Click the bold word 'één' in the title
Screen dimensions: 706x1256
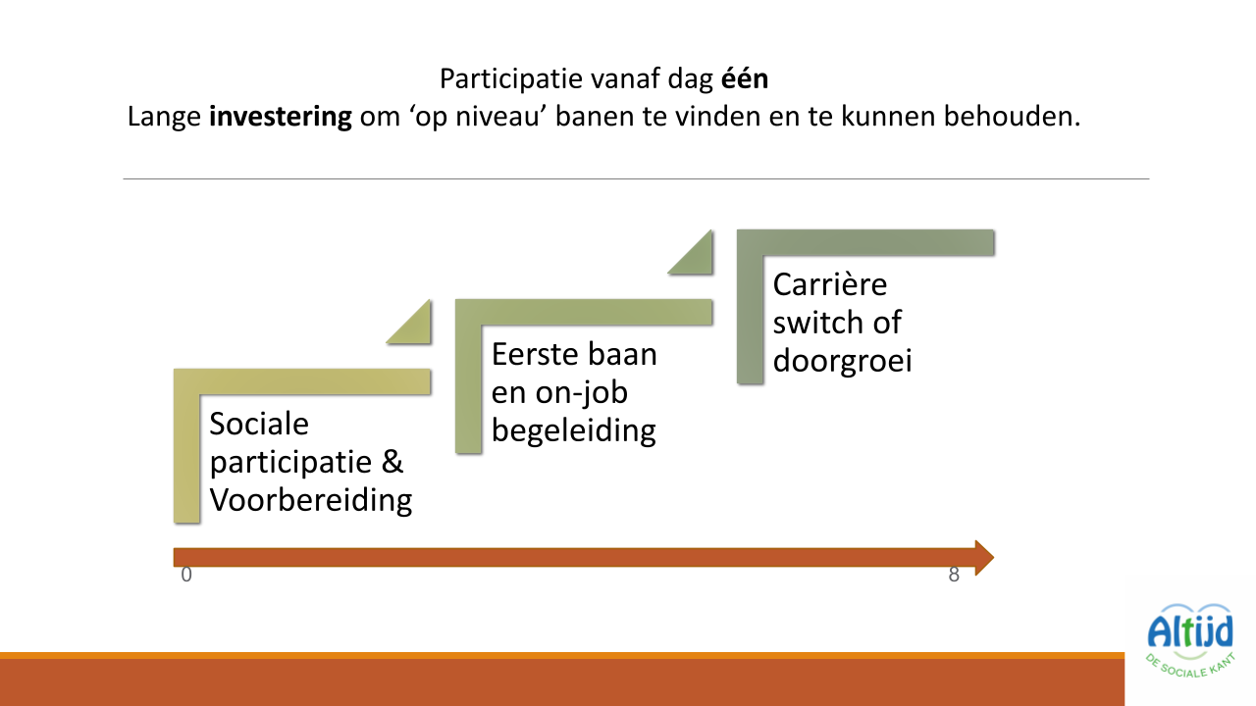(745, 78)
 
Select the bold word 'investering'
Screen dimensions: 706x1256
(280, 118)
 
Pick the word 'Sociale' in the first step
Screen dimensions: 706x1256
(259, 424)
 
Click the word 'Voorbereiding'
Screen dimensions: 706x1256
(311, 500)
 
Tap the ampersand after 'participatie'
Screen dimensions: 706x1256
(393, 462)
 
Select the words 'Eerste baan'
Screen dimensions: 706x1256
(574, 354)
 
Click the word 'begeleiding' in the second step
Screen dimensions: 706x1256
(574, 430)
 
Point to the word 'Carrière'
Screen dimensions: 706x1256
(830, 284)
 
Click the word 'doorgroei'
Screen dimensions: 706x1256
(842, 361)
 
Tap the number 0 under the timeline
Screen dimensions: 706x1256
(186, 576)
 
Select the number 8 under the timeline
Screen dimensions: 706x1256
(954, 576)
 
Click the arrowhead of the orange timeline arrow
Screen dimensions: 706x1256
(983, 557)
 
